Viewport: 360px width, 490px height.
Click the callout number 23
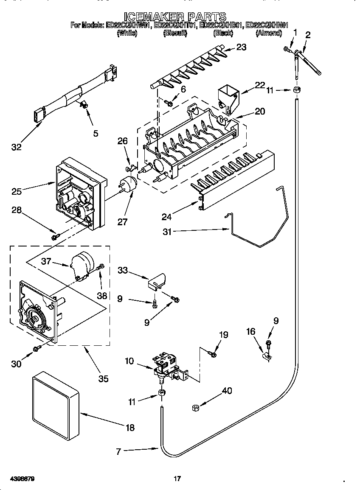click(x=241, y=47)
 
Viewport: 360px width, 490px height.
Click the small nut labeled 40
click(x=196, y=408)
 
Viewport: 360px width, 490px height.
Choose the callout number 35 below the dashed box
click(x=103, y=379)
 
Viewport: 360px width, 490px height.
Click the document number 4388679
click(x=18, y=479)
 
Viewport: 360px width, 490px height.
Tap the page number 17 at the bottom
click(x=177, y=479)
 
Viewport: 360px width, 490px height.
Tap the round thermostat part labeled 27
click(x=127, y=185)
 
